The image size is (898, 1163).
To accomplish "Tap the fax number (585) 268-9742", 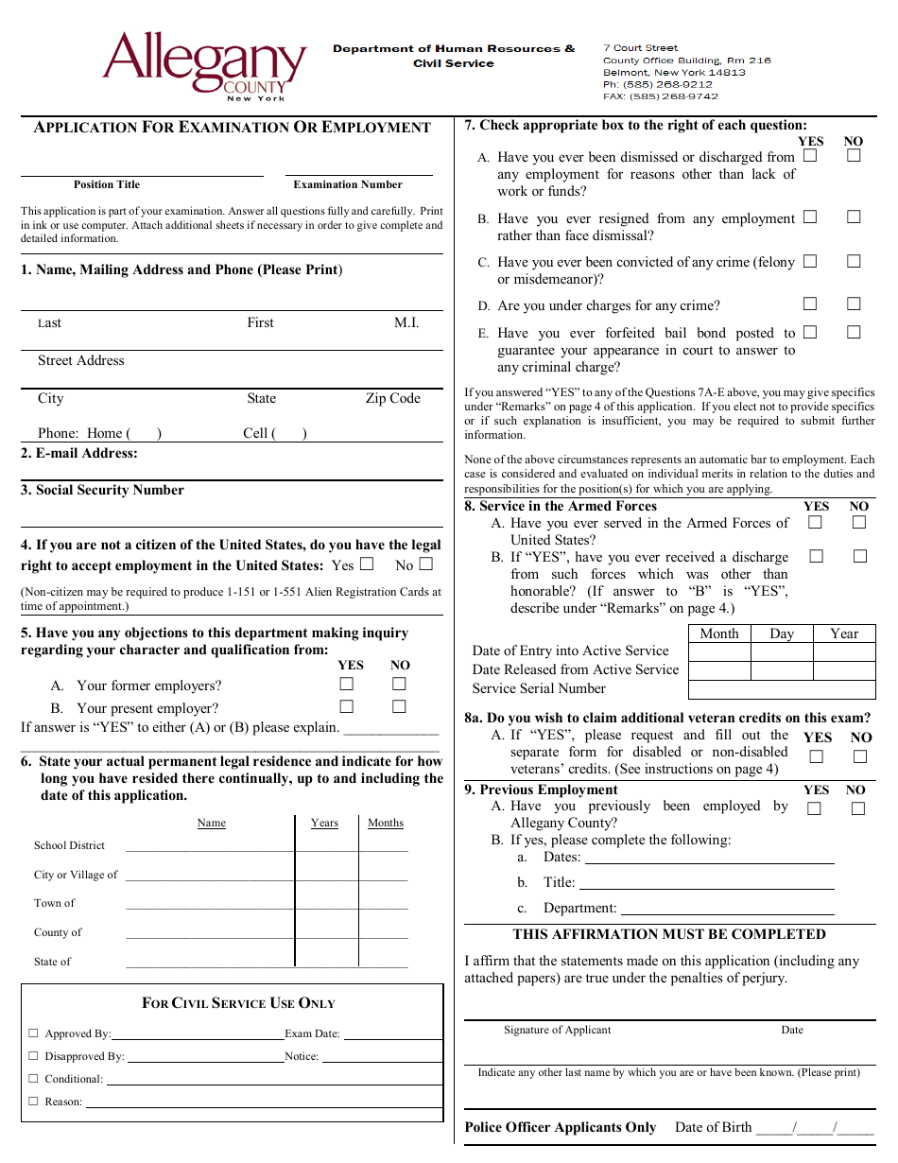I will click(x=661, y=96).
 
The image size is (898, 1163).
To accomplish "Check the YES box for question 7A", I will click(x=810, y=156).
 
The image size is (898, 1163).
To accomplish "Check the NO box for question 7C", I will click(x=854, y=261).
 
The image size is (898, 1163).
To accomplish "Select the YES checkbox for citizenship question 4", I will click(x=367, y=564).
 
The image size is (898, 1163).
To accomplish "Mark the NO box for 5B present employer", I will click(x=399, y=706).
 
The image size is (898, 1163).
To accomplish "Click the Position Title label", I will click(x=107, y=184).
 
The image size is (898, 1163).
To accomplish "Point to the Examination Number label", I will click(x=348, y=184).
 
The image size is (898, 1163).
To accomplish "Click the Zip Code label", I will click(x=392, y=398).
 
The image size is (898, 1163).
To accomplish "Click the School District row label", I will click(x=69, y=845).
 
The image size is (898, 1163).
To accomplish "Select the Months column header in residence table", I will click(x=386, y=823).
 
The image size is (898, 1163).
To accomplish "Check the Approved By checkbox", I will click(x=33, y=1033).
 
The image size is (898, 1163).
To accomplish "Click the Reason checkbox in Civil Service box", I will click(x=33, y=1101).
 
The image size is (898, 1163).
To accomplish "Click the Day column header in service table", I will click(x=782, y=634).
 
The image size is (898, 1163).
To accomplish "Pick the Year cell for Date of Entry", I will click(x=844, y=651).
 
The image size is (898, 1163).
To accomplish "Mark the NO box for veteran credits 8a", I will click(x=859, y=756).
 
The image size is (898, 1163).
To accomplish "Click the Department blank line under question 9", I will click(x=727, y=909).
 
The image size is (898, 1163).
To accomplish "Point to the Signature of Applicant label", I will click(x=557, y=1030).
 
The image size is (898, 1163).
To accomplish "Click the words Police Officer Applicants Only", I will click(x=560, y=1127).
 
